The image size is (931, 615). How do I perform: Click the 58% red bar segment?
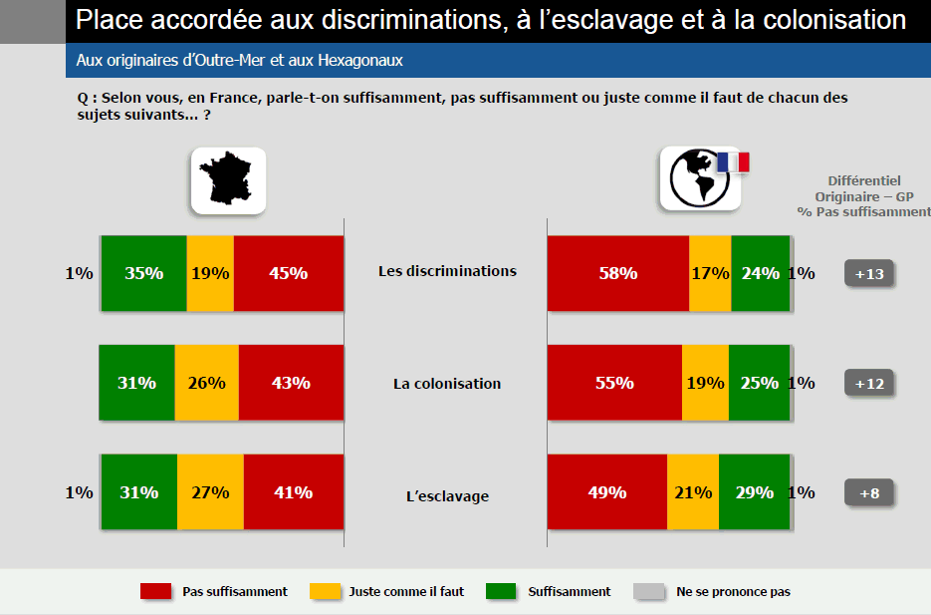point(617,273)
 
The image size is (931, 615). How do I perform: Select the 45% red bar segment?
point(289,273)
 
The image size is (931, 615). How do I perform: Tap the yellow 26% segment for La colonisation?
point(207,383)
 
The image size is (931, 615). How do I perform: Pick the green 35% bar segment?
point(144,273)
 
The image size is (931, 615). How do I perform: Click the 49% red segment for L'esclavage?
point(606,492)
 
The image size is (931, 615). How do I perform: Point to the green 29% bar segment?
point(754,492)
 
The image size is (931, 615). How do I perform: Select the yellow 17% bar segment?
point(710,273)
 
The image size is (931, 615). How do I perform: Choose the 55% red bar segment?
point(614,383)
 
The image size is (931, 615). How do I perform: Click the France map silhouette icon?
point(228,179)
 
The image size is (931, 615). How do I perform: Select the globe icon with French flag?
point(700,179)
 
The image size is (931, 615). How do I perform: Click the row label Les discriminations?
point(447,270)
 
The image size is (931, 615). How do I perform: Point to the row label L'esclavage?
point(447,495)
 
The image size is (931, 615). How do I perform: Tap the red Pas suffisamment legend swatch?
point(155,592)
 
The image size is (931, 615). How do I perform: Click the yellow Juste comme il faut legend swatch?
point(322,592)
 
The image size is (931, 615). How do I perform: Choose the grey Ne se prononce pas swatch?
point(648,592)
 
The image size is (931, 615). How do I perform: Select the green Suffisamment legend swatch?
point(501,592)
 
